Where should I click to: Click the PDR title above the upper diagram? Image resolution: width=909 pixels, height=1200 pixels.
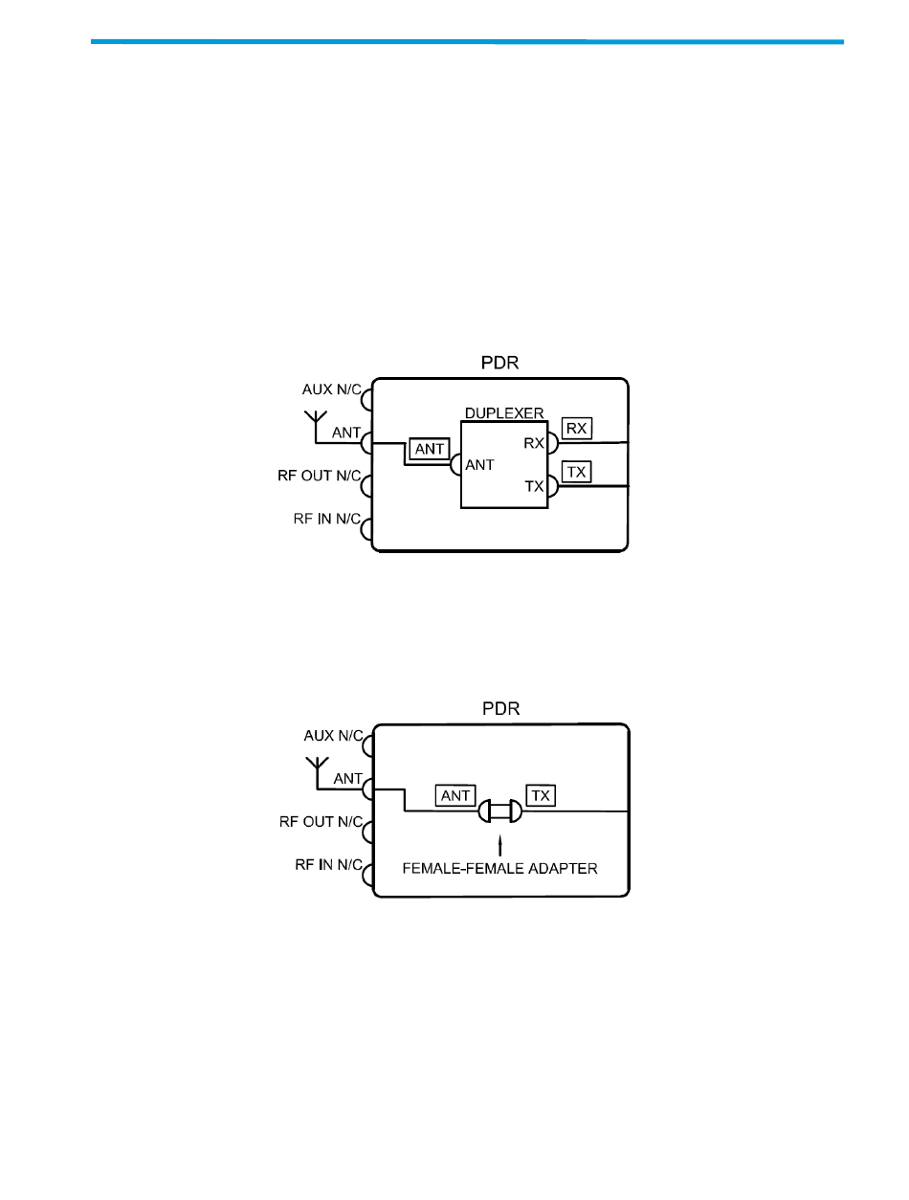[499, 365]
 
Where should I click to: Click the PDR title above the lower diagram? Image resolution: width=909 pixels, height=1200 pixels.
[499, 711]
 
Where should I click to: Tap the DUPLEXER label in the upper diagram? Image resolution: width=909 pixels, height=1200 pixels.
[504, 412]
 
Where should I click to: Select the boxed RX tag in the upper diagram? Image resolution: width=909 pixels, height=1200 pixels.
[576, 429]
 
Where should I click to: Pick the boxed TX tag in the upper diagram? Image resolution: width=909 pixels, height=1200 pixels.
[575, 472]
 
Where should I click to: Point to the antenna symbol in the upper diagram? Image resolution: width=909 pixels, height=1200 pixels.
[316, 423]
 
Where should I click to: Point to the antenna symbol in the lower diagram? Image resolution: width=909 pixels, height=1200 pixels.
[316, 769]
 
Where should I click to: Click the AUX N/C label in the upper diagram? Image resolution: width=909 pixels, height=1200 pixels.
[333, 389]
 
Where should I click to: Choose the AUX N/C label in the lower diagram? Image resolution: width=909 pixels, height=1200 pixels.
[333, 736]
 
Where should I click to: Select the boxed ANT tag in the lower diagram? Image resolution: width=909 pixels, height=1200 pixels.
[454, 795]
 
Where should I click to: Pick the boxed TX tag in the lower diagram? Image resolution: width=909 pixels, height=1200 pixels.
[541, 795]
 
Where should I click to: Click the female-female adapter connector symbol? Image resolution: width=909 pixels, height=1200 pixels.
[499, 812]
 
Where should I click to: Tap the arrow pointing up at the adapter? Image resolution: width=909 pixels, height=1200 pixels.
[499, 845]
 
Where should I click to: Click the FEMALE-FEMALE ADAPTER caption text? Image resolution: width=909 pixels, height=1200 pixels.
[499, 870]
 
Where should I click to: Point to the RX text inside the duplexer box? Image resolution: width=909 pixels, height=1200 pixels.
[534, 443]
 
